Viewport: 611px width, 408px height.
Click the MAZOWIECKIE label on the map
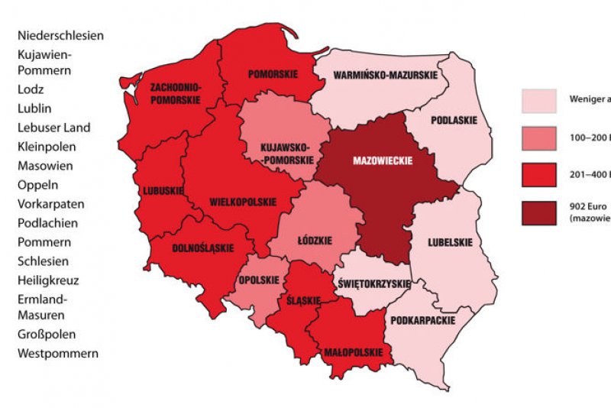click(x=382, y=161)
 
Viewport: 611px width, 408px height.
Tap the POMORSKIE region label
click(x=272, y=75)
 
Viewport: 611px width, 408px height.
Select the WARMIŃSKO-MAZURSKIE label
click(x=386, y=76)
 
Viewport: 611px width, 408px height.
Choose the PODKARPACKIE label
click(x=422, y=320)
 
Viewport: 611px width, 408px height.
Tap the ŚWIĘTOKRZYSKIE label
click(x=374, y=284)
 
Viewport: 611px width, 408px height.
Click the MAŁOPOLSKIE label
click(x=348, y=353)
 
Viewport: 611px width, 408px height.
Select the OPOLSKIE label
click(x=259, y=280)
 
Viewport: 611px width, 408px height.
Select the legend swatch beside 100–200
click(x=539, y=138)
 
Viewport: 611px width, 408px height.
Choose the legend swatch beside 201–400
click(x=539, y=175)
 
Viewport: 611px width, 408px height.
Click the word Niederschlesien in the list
click(x=60, y=35)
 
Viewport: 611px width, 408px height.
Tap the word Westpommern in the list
click(x=58, y=354)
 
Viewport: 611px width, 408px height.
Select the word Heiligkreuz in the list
click(x=48, y=280)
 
